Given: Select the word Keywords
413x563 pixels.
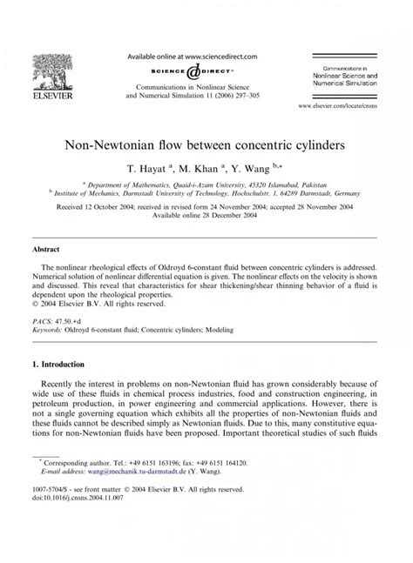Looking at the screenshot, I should [51, 331].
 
